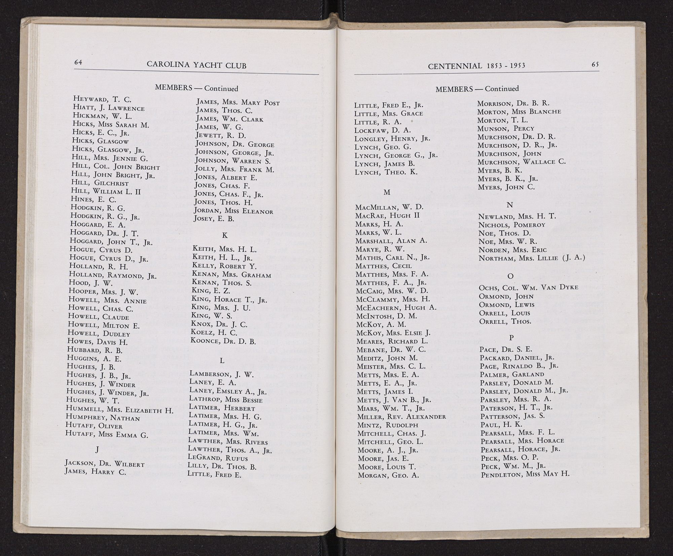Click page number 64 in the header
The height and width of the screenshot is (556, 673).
78,62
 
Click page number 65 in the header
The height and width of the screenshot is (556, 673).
595,65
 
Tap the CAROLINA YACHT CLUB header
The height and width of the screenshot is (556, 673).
197,65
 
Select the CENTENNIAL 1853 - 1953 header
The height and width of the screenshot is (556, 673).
476,66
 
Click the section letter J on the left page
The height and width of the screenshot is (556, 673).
97,449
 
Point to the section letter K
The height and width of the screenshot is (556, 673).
225,235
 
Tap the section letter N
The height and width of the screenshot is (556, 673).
509,205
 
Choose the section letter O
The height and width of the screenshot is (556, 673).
510,276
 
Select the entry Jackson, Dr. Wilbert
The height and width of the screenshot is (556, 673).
105,463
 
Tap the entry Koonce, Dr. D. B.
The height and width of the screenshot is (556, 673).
223,341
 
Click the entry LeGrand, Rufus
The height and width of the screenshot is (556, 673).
218,458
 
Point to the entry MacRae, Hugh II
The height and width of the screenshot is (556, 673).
387,215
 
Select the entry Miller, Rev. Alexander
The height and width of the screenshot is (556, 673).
401,417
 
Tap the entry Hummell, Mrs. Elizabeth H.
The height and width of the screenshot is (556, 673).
119,410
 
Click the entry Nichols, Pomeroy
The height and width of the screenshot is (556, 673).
511,225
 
